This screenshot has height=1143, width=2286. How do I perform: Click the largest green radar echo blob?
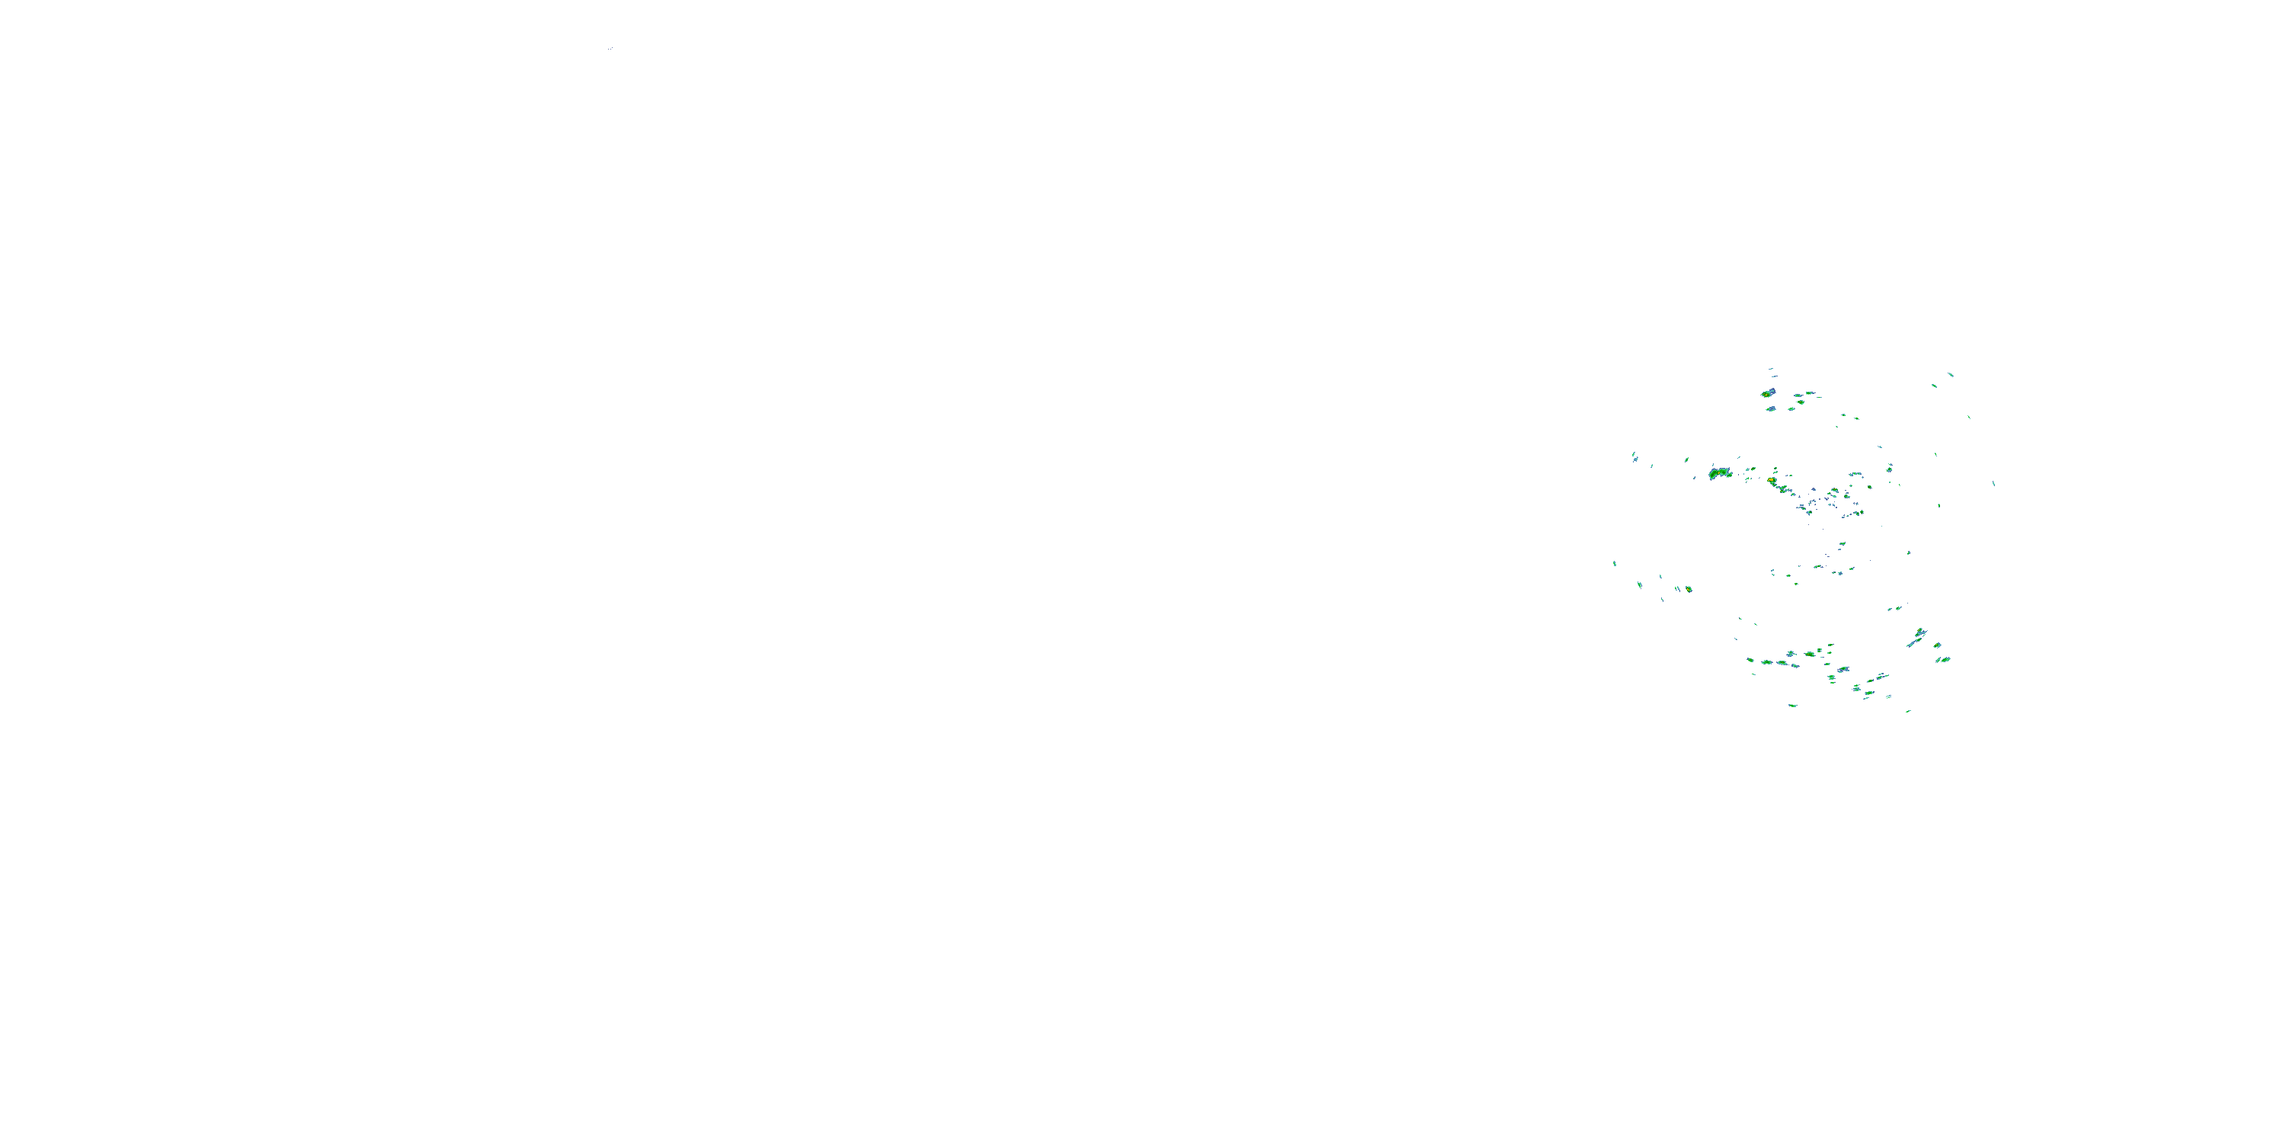click(1720, 473)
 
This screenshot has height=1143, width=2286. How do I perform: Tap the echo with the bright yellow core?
click(1772, 480)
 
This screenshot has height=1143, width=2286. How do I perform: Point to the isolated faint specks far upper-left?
click(610, 48)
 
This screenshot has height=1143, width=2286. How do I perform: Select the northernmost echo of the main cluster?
click(1770, 368)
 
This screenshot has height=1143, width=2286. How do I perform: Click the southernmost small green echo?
click(1908, 711)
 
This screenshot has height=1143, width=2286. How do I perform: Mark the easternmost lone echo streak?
click(1993, 484)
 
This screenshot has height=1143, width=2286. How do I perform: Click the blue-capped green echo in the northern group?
click(1768, 392)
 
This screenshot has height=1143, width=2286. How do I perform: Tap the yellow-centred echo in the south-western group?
click(1688, 588)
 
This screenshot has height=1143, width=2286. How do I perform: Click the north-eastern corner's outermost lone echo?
click(1951, 374)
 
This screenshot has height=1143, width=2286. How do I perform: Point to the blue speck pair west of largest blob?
click(1634, 457)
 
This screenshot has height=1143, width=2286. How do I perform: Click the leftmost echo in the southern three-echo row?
click(1767, 662)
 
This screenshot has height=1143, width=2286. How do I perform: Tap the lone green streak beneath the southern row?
click(1791, 706)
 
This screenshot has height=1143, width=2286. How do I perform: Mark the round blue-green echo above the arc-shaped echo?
click(1833, 491)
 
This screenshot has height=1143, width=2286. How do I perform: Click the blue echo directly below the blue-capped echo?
click(1770, 409)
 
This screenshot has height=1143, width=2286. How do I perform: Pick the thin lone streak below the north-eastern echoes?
click(1969, 417)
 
